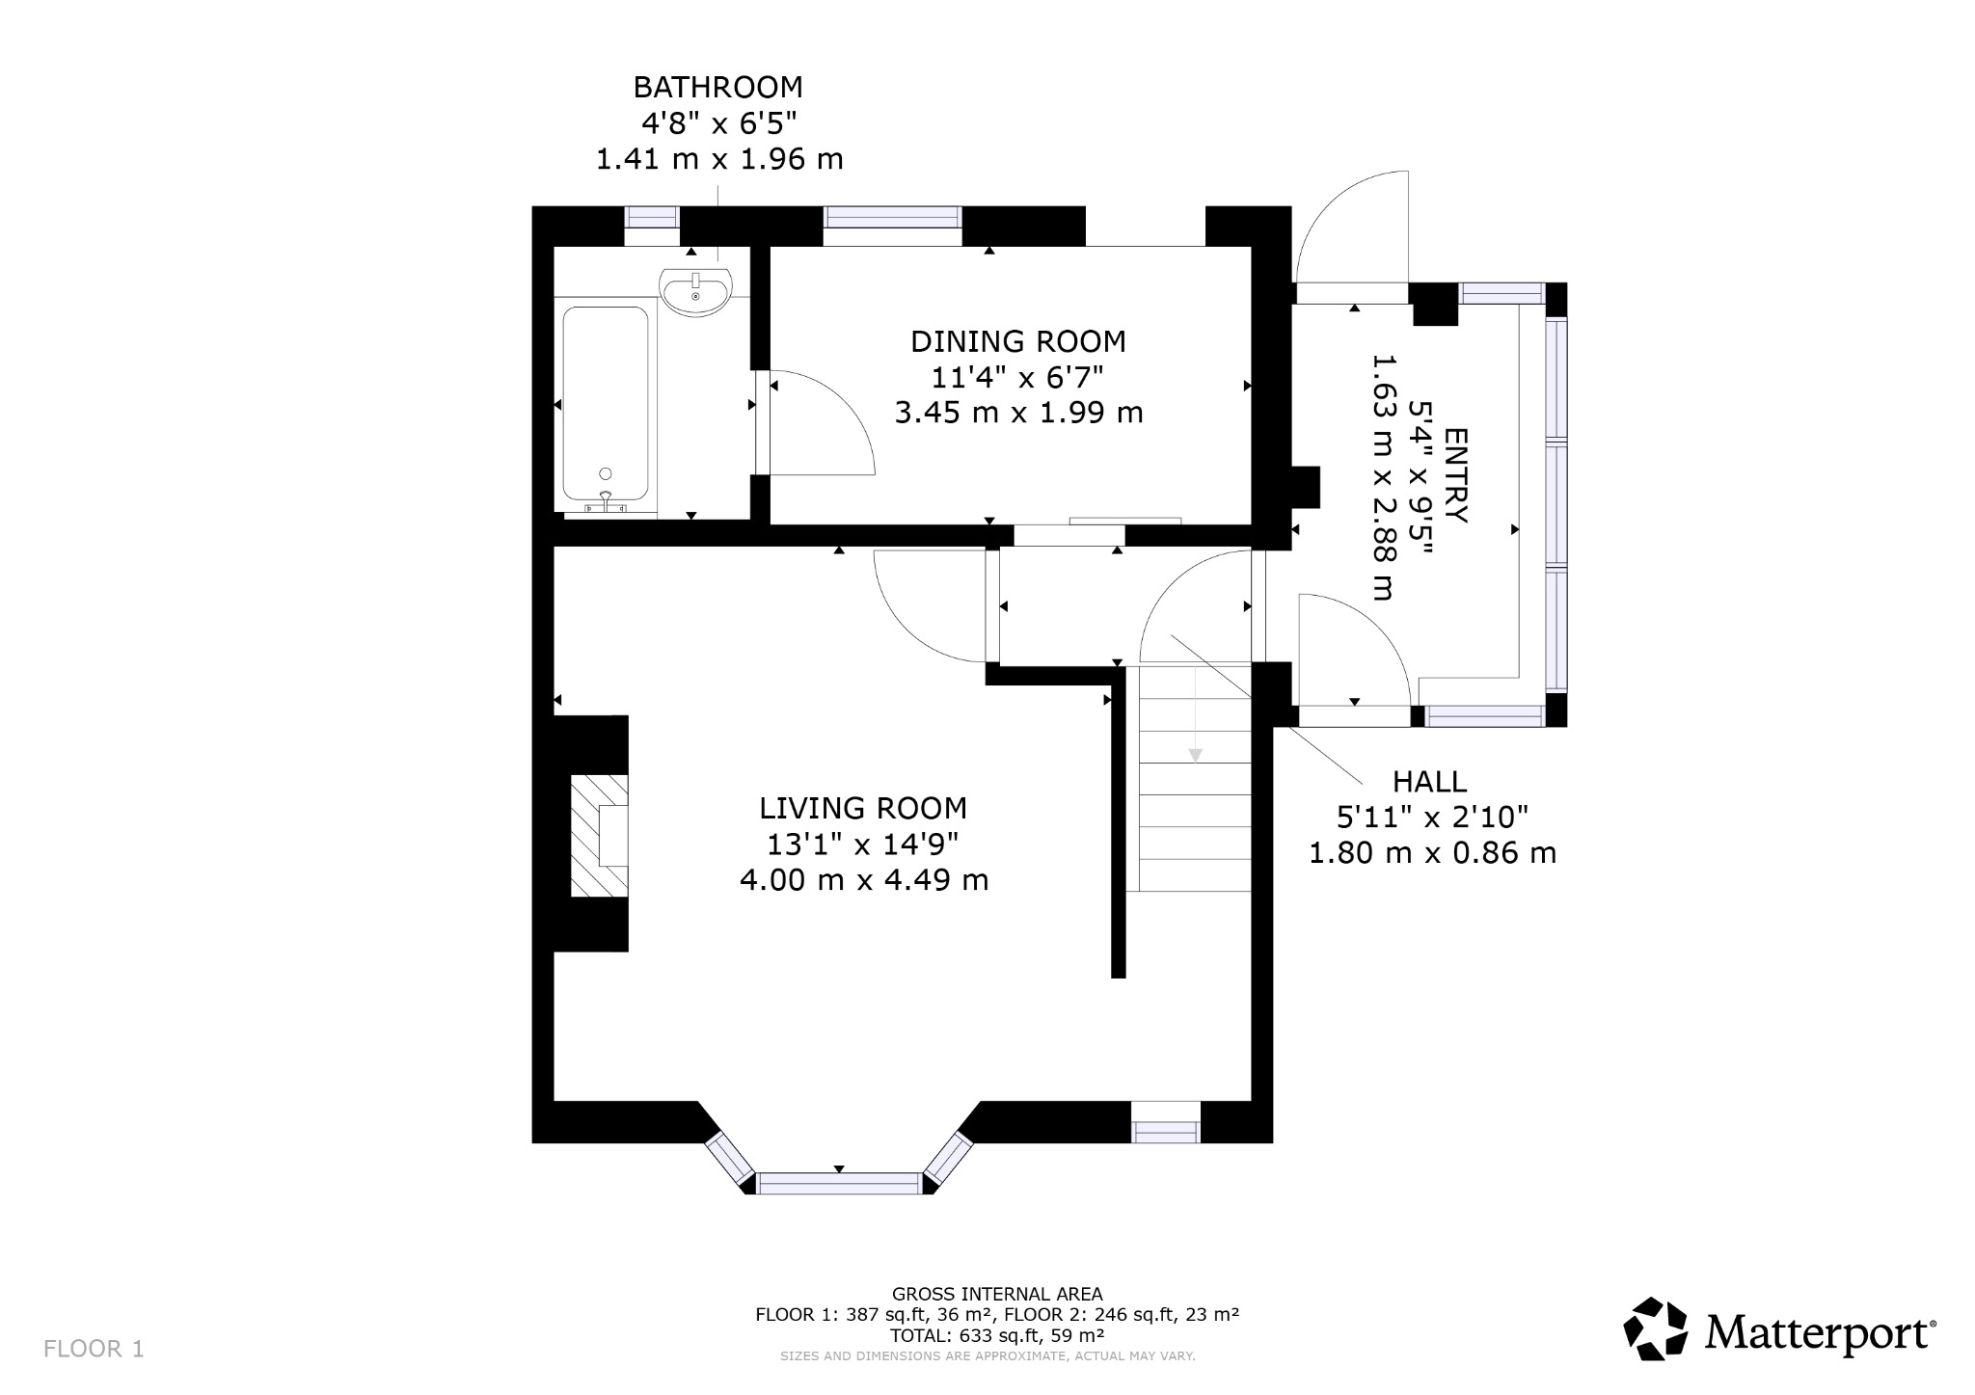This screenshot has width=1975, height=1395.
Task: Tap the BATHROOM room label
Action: pos(717,88)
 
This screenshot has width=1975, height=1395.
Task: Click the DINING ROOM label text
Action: pos(1017,341)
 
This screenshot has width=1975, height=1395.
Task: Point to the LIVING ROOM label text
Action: pos(862,808)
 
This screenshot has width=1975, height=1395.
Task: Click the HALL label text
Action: pos(1429,782)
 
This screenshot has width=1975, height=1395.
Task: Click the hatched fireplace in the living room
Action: pos(598,835)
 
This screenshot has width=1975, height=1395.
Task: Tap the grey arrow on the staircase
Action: pos(1195,755)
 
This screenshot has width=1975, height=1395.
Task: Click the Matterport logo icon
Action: pos(1656,1329)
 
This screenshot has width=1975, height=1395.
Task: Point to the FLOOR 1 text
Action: pos(94,1349)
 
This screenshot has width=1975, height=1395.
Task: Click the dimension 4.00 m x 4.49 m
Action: pos(863,880)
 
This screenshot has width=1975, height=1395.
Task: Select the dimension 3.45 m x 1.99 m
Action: pos(1018,414)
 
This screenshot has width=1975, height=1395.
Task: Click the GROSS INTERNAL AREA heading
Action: pos(996,1294)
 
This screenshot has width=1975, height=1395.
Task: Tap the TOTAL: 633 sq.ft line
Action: pos(996,1335)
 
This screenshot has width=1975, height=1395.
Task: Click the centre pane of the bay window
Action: pos(839,1183)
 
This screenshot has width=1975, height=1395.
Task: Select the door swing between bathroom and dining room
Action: pos(820,424)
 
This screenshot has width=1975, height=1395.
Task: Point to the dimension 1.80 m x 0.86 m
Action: pos(1432,853)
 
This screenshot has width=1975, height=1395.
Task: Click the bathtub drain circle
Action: pos(605,473)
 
